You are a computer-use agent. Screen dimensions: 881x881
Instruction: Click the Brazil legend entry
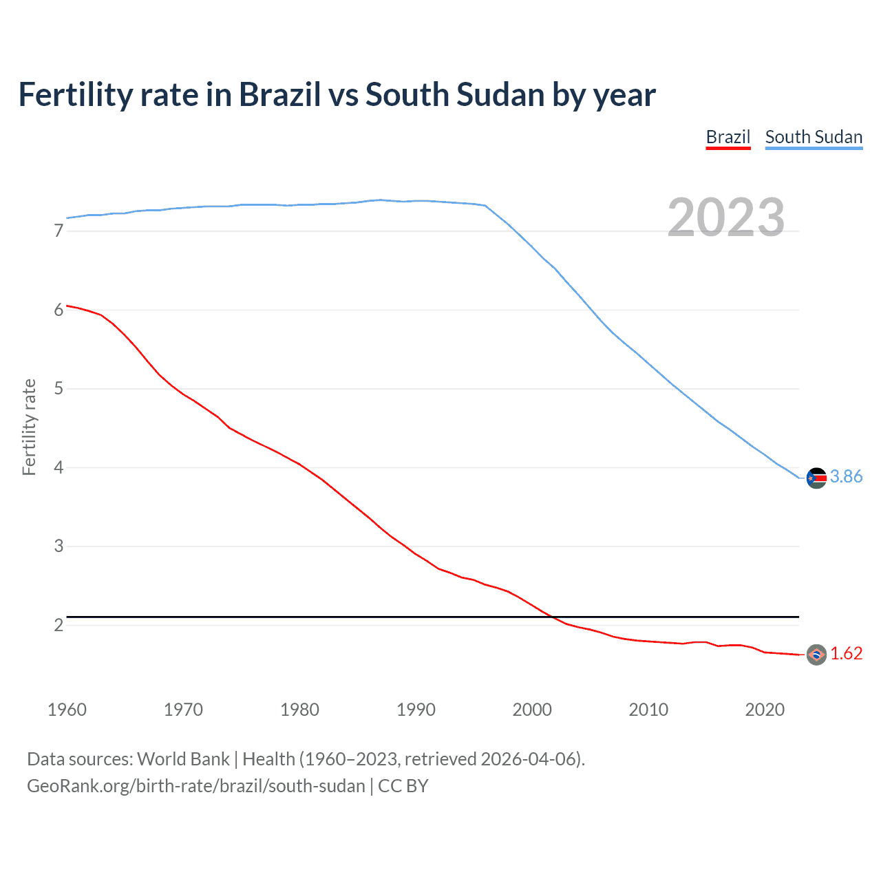tap(728, 137)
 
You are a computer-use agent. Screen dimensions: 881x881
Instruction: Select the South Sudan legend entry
tap(814, 137)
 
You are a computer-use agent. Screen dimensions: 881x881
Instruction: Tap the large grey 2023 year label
tap(725, 217)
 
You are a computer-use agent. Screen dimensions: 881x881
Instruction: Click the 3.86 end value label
tap(846, 476)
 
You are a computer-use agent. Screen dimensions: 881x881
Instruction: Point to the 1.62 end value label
tap(846, 653)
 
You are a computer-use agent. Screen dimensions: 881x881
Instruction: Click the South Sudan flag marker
tap(816, 478)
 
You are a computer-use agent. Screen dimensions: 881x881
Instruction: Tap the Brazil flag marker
tap(816, 655)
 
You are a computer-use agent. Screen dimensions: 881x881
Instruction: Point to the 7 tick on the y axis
tap(59, 231)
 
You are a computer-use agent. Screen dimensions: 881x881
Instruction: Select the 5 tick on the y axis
tap(59, 389)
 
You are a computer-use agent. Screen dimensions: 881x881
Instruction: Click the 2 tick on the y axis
tap(59, 625)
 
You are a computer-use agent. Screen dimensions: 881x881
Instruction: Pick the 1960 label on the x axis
tap(67, 710)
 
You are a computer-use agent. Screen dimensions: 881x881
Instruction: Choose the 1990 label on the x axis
tap(416, 710)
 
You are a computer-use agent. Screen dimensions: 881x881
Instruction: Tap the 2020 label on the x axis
tap(765, 710)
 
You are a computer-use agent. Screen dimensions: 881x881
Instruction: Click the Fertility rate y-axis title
tap(29, 427)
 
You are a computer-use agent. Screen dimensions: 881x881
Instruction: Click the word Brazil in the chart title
tap(279, 95)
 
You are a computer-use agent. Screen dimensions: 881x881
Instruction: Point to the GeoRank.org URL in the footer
tap(195, 786)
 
